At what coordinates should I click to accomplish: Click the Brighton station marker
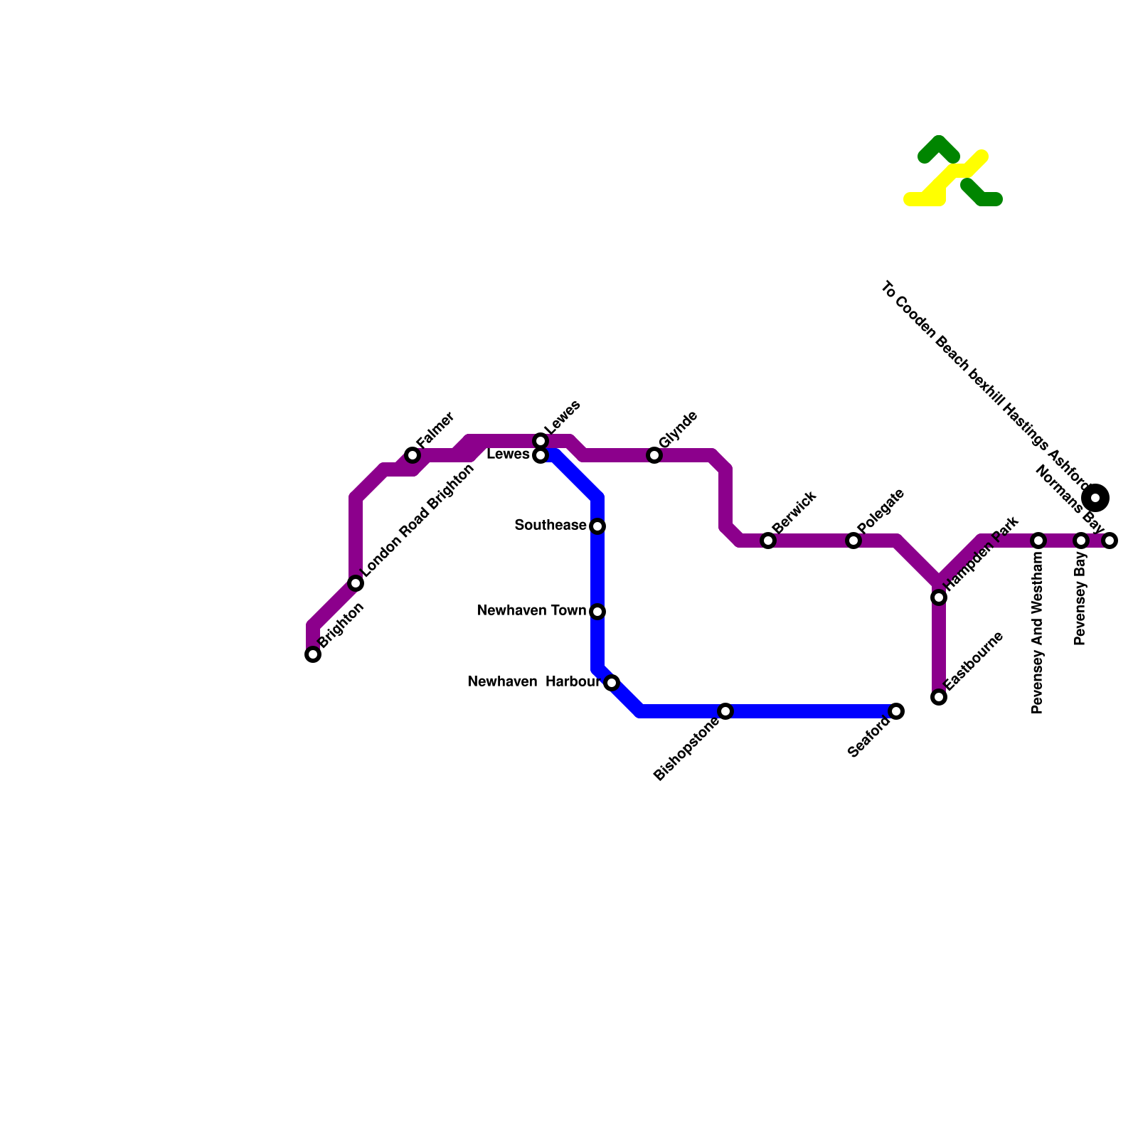(313, 654)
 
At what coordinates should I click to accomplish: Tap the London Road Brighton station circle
(356, 583)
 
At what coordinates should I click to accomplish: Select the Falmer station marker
(413, 455)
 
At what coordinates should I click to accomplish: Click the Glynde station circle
(654, 455)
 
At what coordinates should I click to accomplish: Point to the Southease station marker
(597, 526)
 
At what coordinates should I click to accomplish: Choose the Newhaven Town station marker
(597, 612)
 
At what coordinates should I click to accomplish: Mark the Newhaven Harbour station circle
(612, 683)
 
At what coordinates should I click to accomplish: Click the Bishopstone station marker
(725, 711)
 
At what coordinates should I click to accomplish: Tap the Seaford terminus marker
(896, 711)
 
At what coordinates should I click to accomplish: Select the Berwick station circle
(768, 541)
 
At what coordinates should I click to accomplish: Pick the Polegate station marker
(854, 541)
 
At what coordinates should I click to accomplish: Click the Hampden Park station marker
(939, 597)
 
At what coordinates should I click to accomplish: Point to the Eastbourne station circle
(939, 697)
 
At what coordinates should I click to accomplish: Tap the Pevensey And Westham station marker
(1038, 541)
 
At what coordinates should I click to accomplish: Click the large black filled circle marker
(1095, 497)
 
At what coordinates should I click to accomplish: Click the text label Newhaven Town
(531, 611)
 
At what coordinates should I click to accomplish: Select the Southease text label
(550, 526)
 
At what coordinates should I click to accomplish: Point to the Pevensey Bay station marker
(1081, 541)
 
